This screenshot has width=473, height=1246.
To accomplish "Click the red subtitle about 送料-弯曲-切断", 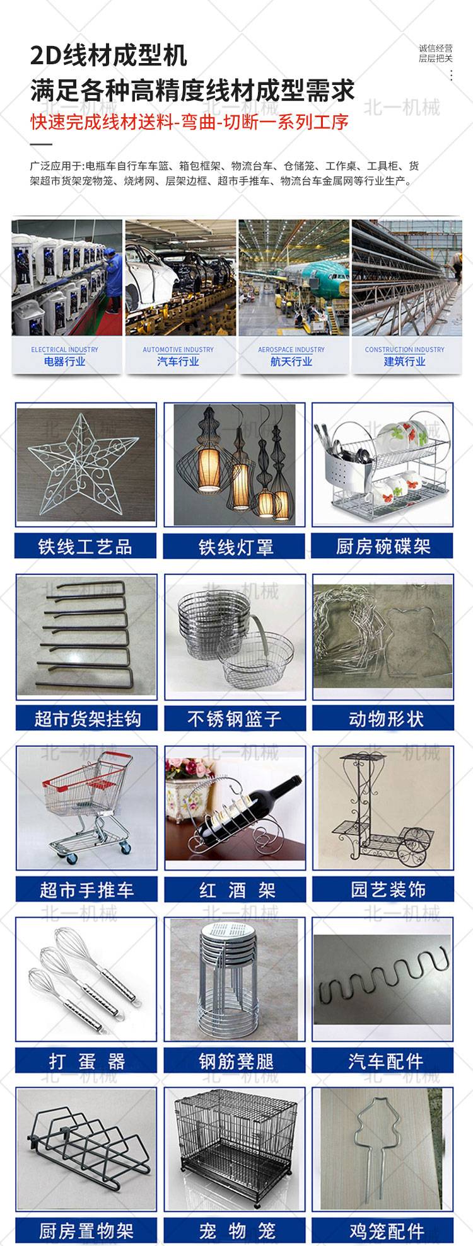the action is pyautogui.click(x=189, y=122).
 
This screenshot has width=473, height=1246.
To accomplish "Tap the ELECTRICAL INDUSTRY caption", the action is pyautogui.click(x=65, y=350).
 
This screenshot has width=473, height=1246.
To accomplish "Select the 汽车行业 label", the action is pyautogui.click(x=178, y=362).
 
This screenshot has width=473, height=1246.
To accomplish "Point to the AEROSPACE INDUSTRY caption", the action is pyautogui.click(x=291, y=350).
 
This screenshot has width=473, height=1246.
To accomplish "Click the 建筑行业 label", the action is pyautogui.click(x=404, y=362).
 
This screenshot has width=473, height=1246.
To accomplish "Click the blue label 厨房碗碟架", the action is pyautogui.click(x=383, y=546).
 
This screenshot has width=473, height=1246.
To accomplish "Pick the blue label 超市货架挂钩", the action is pyautogui.click(x=86, y=719).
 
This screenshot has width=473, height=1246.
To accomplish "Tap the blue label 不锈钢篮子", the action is pyautogui.click(x=235, y=719).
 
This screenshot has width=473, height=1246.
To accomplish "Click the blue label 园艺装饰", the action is pyautogui.click(x=383, y=890).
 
